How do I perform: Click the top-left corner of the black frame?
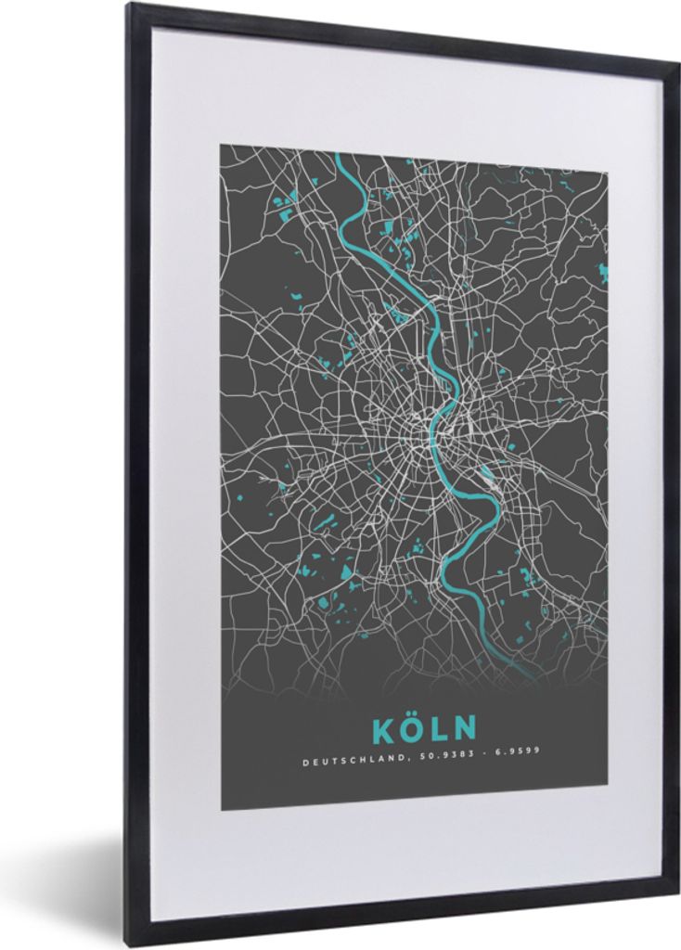pos(129,6)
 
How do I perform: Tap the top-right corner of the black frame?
pos(676,64)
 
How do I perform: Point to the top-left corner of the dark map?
pos(221,145)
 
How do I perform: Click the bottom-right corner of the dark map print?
pos(608,807)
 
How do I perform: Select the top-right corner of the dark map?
pos(609,173)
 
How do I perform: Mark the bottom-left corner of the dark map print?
pos(221,810)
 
